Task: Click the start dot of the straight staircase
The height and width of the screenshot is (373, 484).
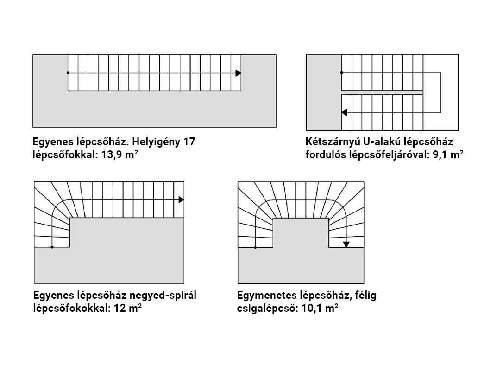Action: coord(68,73)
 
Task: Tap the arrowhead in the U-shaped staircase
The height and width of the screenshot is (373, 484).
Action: coord(344,112)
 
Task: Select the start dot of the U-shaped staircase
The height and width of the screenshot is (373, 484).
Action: coord(341,73)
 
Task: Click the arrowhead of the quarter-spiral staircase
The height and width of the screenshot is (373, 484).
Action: coord(182,199)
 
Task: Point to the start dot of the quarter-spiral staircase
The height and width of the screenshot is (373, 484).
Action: coord(52,247)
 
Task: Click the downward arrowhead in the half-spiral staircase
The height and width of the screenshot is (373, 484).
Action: coord(346,244)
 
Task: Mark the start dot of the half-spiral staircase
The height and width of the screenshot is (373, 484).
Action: coord(255,247)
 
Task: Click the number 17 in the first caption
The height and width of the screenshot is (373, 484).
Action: coord(189,141)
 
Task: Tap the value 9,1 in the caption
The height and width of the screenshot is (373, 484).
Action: coord(440,154)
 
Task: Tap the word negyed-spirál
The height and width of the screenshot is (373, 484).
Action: coord(163,296)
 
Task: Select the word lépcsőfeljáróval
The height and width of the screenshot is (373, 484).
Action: coord(389,155)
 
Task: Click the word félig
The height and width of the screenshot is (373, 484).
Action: coord(365,296)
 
